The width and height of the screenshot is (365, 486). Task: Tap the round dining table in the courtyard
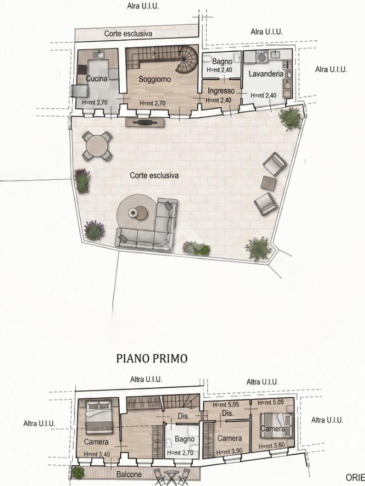(x=97, y=146)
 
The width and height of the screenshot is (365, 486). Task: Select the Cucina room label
(x=96, y=78)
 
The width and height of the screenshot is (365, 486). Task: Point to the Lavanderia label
(x=266, y=74)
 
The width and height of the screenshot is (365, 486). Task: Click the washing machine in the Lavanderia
(x=262, y=57)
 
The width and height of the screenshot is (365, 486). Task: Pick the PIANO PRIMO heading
(x=152, y=358)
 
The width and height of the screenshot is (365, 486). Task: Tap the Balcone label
(x=129, y=474)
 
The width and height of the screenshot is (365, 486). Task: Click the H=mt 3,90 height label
(x=229, y=452)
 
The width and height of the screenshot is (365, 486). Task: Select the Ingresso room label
(x=221, y=91)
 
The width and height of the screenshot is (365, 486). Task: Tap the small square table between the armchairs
(x=269, y=183)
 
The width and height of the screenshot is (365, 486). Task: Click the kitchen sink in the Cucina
(x=99, y=55)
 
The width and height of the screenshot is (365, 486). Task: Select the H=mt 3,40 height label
(x=96, y=454)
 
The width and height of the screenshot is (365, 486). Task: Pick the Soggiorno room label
(x=154, y=79)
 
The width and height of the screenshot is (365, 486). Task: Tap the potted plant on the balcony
(x=78, y=473)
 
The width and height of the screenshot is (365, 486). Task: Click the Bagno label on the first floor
(x=184, y=439)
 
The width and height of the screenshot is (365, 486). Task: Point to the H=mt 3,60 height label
(x=271, y=446)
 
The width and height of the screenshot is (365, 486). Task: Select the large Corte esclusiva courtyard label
(x=154, y=176)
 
